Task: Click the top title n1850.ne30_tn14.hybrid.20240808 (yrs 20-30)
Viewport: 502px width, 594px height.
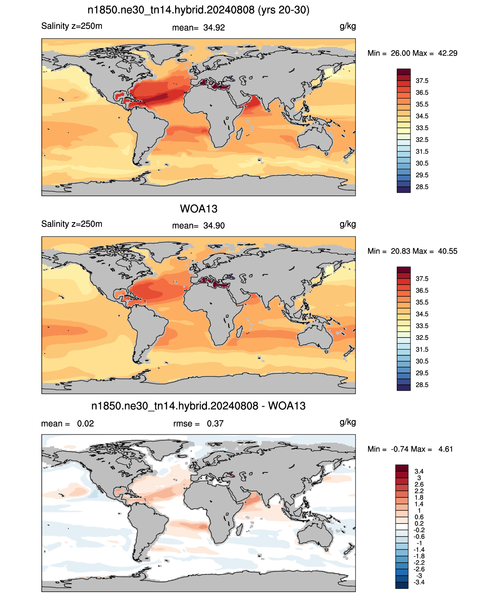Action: pos(198,10)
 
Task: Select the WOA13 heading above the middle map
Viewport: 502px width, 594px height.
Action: pos(198,209)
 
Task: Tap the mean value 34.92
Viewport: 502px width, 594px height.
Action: pos(214,28)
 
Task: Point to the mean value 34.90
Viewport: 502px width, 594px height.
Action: pos(214,226)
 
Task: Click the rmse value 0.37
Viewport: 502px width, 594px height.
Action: pos(215,424)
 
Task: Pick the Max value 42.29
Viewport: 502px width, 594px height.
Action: pos(447,53)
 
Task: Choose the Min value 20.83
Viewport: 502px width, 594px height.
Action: pos(400,251)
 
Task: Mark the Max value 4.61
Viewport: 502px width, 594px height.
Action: pos(445,449)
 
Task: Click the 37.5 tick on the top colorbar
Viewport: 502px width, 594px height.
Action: pos(422,81)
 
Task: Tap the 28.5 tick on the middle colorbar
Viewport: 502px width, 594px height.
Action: pos(422,385)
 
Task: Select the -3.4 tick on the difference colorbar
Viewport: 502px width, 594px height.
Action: pos(419,582)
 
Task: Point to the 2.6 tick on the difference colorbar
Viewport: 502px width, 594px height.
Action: pos(419,484)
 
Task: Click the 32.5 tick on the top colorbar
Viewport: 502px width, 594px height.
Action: pos(422,140)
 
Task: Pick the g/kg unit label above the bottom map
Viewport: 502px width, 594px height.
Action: pos(348,422)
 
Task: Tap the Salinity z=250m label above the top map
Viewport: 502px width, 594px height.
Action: pos(72,26)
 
